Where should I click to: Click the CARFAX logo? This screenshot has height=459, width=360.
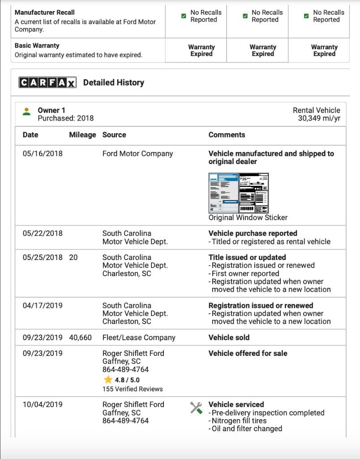[x=47, y=82]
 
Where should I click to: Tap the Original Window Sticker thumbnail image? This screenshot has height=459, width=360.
[x=239, y=193]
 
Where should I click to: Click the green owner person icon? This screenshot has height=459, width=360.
[x=26, y=111]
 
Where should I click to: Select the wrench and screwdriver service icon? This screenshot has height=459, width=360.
[x=196, y=407]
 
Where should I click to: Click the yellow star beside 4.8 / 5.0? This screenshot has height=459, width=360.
[x=108, y=380]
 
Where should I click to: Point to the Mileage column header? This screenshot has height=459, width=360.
[x=82, y=134]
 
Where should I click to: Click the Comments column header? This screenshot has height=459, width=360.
[x=227, y=134]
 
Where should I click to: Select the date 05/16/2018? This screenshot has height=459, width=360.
[x=43, y=153]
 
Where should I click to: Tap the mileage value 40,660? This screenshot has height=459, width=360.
[x=80, y=338]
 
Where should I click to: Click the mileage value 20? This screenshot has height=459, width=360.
[x=73, y=257]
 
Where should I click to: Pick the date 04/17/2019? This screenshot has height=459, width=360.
[x=43, y=305]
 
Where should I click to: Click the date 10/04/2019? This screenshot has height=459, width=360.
[x=43, y=404]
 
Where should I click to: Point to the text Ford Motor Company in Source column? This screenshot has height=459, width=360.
[x=137, y=153]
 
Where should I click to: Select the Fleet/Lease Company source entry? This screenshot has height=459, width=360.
[x=139, y=338]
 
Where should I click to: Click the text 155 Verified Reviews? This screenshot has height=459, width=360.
[x=133, y=389]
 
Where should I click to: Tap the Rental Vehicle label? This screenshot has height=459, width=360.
[x=316, y=110]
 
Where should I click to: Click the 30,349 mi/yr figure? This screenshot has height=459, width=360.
[x=319, y=118]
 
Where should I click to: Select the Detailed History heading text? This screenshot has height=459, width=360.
[x=114, y=82]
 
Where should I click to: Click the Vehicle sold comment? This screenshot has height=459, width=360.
[x=229, y=338]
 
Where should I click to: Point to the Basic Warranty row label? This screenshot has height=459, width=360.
[x=37, y=45]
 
